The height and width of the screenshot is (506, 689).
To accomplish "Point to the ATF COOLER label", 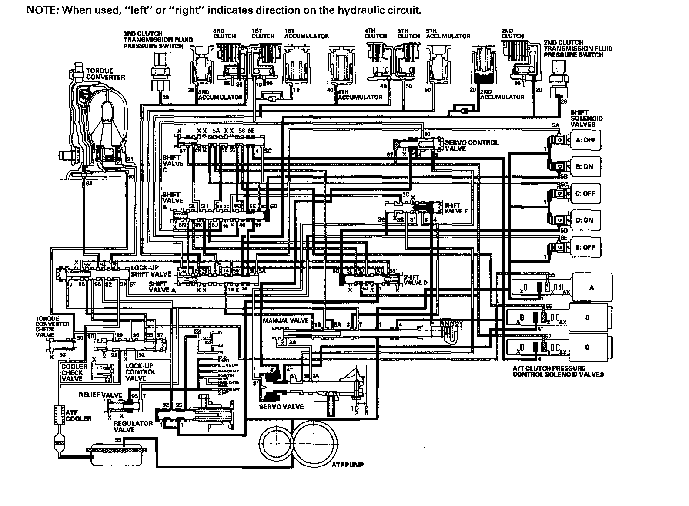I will coord(78,415).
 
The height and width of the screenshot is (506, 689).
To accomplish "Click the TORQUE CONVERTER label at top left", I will coord(105,74).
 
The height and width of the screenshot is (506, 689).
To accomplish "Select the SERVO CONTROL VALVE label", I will coord(472,145).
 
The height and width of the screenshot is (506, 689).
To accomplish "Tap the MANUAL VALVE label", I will coord(286,320).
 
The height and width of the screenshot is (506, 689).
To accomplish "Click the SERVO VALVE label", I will coord(281,407).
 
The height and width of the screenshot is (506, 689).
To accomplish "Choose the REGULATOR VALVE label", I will coord(133,426).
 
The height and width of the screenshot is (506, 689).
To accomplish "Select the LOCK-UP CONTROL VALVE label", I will coord(140,372).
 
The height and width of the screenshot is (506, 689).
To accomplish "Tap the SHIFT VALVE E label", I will coord(455,208).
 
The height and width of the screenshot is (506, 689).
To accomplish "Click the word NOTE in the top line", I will coord(41,10).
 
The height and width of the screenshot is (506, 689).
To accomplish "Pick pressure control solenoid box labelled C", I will coord(588,347).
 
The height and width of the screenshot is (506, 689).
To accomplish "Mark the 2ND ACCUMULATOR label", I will coord(502,97).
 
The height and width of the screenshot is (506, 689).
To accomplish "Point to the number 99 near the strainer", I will coord(118,440).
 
